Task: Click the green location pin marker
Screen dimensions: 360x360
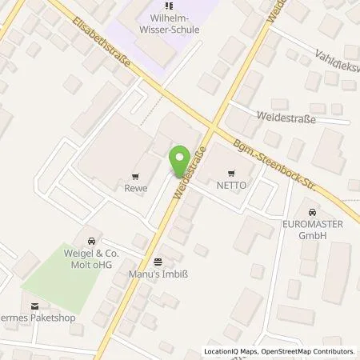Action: click(x=182, y=158)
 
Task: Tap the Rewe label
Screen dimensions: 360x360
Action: click(x=135, y=190)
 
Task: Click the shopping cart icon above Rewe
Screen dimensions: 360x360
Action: click(x=135, y=177)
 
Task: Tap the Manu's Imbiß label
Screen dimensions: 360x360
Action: click(x=158, y=274)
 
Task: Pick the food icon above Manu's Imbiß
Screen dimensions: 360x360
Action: click(x=158, y=261)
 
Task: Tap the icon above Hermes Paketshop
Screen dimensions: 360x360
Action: click(x=34, y=306)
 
